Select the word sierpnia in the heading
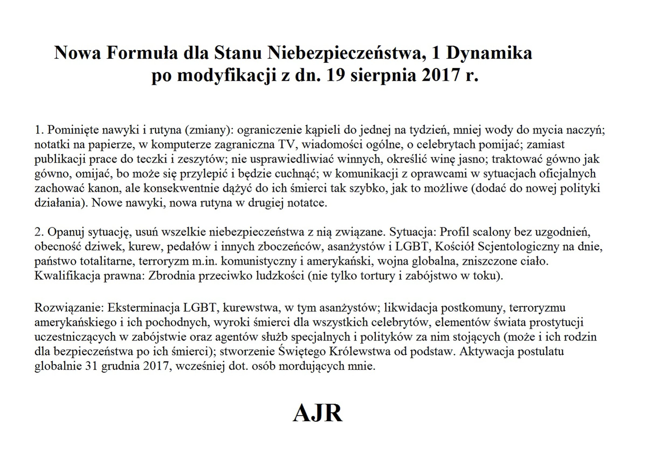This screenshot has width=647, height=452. coord(383,75)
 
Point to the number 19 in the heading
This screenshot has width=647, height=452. coord(336,75)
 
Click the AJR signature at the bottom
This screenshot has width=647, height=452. coord(318,413)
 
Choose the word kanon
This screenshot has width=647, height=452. coord(104,188)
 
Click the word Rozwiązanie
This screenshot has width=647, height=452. coord(69,308)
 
